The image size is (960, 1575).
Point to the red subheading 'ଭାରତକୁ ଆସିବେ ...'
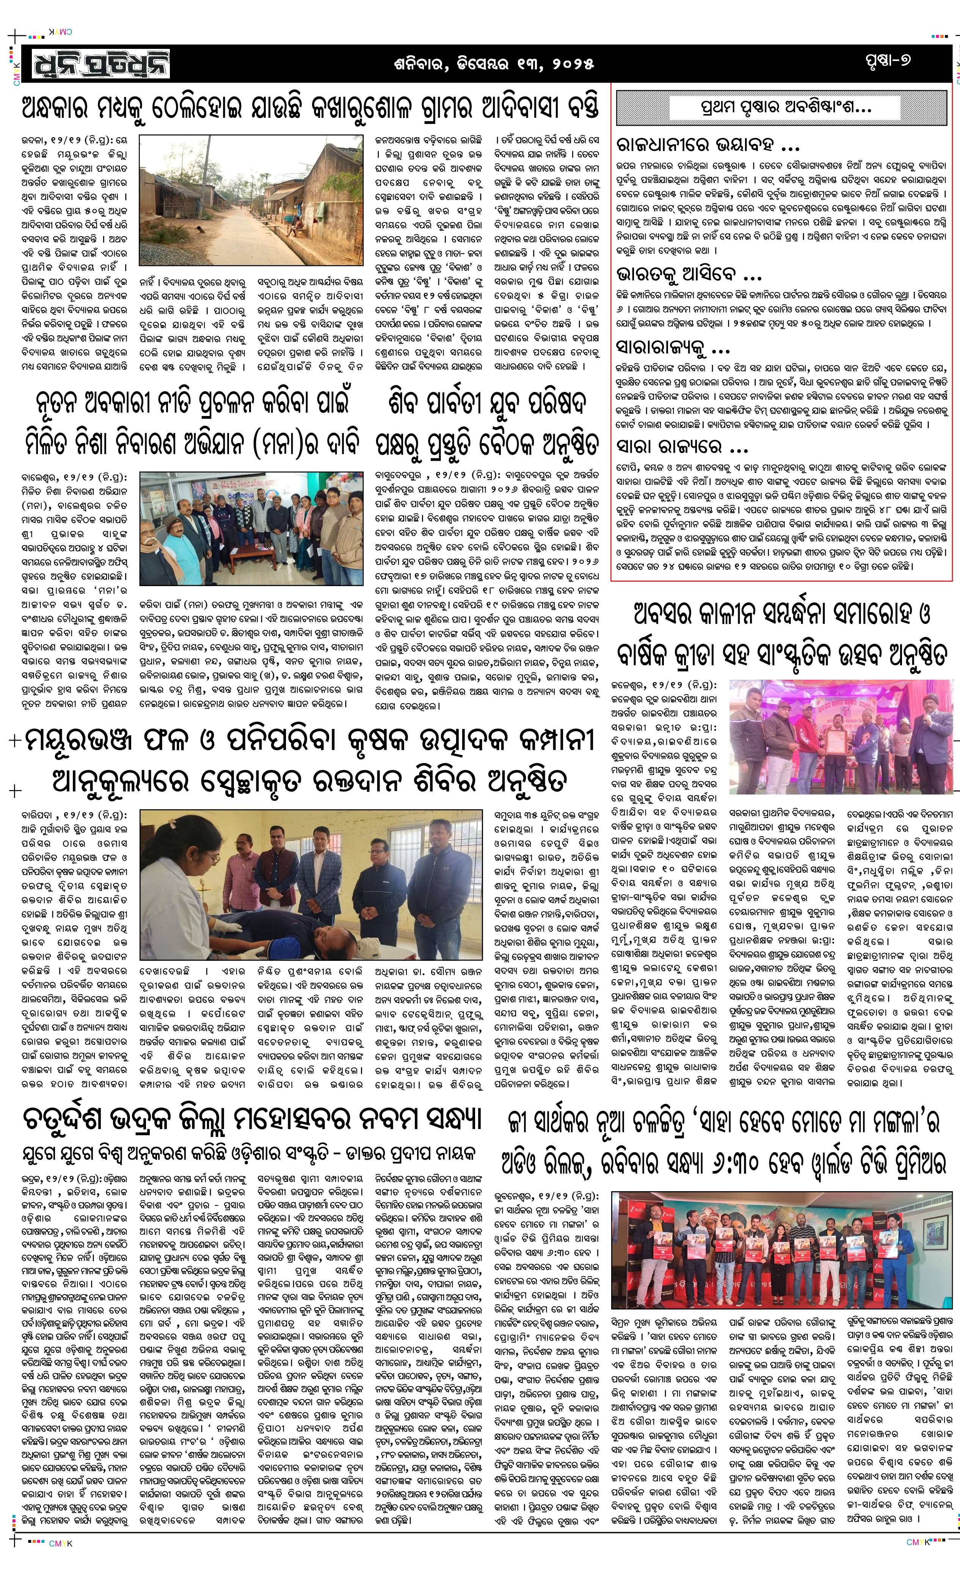tap(689, 275)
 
